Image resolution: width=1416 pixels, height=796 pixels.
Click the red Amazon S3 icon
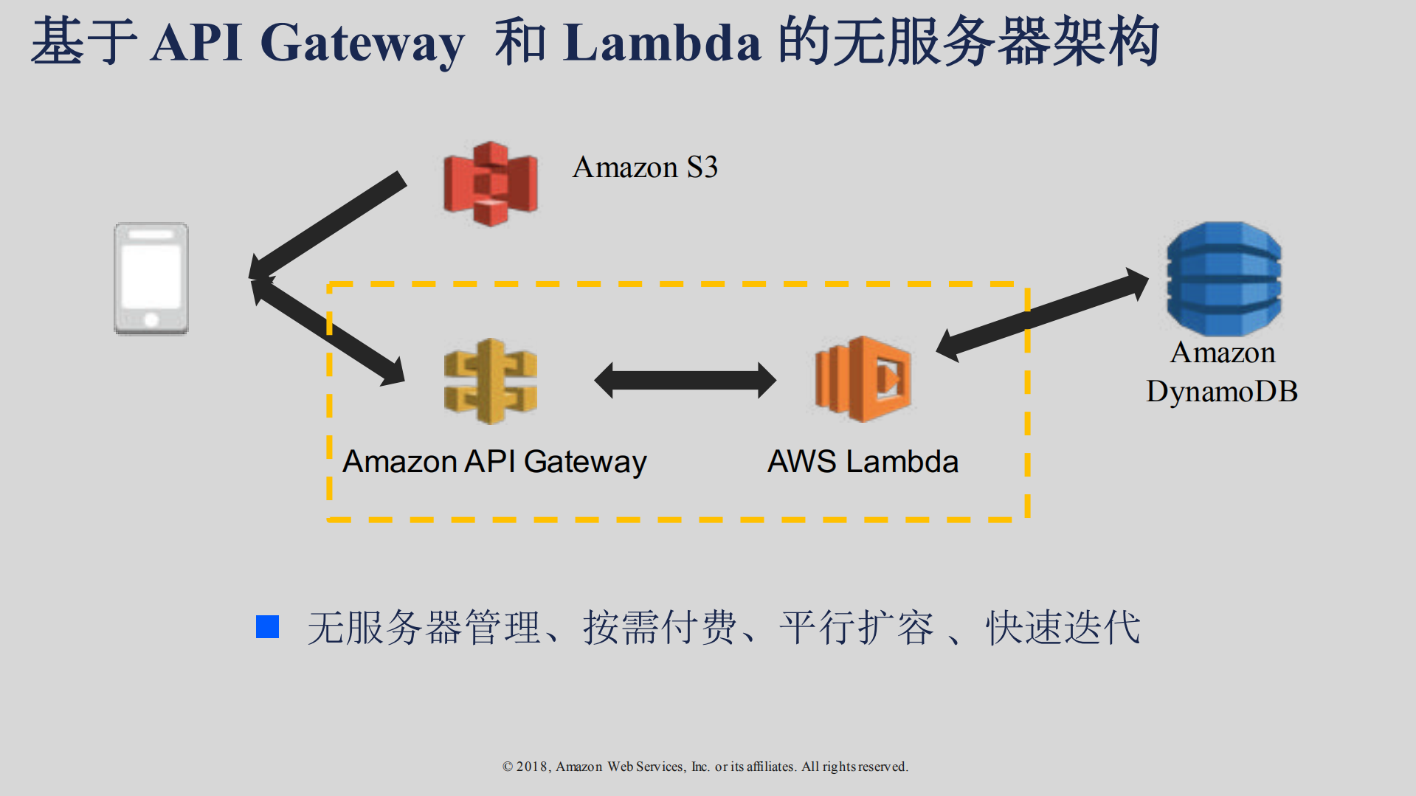tap(490, 184)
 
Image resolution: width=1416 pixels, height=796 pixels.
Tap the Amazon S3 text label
tap(645, 167)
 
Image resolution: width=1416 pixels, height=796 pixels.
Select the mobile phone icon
tap(151, 279)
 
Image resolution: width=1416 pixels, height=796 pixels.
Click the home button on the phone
tap(151, 319)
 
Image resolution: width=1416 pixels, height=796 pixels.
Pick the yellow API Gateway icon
tap(490, 381)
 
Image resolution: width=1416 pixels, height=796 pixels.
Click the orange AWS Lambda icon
tap(863, 379)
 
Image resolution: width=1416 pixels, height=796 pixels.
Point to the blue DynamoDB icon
tap(1223, 279)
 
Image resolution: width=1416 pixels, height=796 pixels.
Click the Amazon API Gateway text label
tap(494, 462)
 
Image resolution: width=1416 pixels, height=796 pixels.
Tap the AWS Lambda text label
tap(863, 462)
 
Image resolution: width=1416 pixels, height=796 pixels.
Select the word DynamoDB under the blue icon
tap(1221, 391)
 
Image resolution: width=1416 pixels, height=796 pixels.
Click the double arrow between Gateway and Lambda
tap(685, 380)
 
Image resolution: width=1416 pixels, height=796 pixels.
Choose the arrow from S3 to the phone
tap(329, 225)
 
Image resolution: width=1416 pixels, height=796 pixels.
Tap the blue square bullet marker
tap(267, 627)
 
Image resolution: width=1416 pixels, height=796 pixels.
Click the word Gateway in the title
tap(362, 43)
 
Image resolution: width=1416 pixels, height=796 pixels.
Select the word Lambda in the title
tap(661, 43)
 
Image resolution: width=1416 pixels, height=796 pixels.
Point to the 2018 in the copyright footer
tap(531, 766)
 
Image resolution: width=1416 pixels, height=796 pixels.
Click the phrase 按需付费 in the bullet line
tap(660, 628)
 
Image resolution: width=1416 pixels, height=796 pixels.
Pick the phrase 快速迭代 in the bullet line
tap(1063, 628)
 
